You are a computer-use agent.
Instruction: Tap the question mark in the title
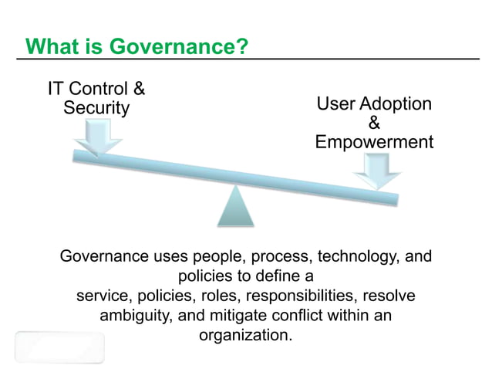point(241,47)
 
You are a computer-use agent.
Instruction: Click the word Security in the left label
point(96,108)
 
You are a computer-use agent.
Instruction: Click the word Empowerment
point(374,142)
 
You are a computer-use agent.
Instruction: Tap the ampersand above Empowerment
point(374,124)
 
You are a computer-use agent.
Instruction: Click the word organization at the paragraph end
point(245,337)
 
